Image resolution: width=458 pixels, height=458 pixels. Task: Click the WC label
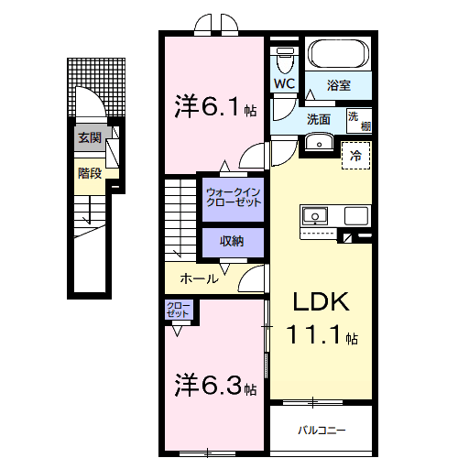tap(284, 85)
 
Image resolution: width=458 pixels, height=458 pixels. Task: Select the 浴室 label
tap(340, 86)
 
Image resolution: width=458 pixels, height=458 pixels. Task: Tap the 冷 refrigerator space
tap(356, 155)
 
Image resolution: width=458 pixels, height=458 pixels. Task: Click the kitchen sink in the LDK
tap(315, 216)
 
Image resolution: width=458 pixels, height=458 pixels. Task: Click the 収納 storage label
tap(232, 241)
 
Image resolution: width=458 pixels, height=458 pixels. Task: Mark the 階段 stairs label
tap(89, 172)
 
